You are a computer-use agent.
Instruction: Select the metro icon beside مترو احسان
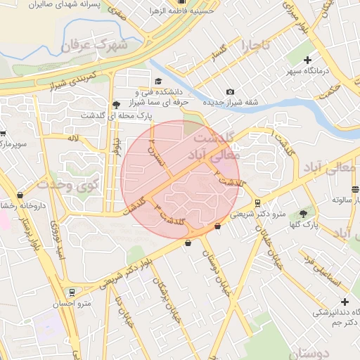(x=71, y=291)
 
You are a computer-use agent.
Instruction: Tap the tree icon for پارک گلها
(x=303, y=213)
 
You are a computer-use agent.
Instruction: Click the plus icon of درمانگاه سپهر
(x=307, y=60)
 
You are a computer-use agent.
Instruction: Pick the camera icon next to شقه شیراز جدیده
(x=230, y=92)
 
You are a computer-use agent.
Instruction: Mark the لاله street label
(x=72, y=139)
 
